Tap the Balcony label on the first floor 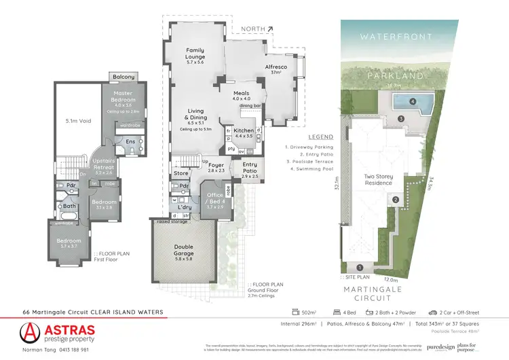pos(123,77)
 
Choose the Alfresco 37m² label pos(277,69)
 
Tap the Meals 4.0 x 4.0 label pos(242,96)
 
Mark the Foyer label pos(216,165)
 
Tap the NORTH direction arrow pos(271,29)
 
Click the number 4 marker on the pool pos(414,102)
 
